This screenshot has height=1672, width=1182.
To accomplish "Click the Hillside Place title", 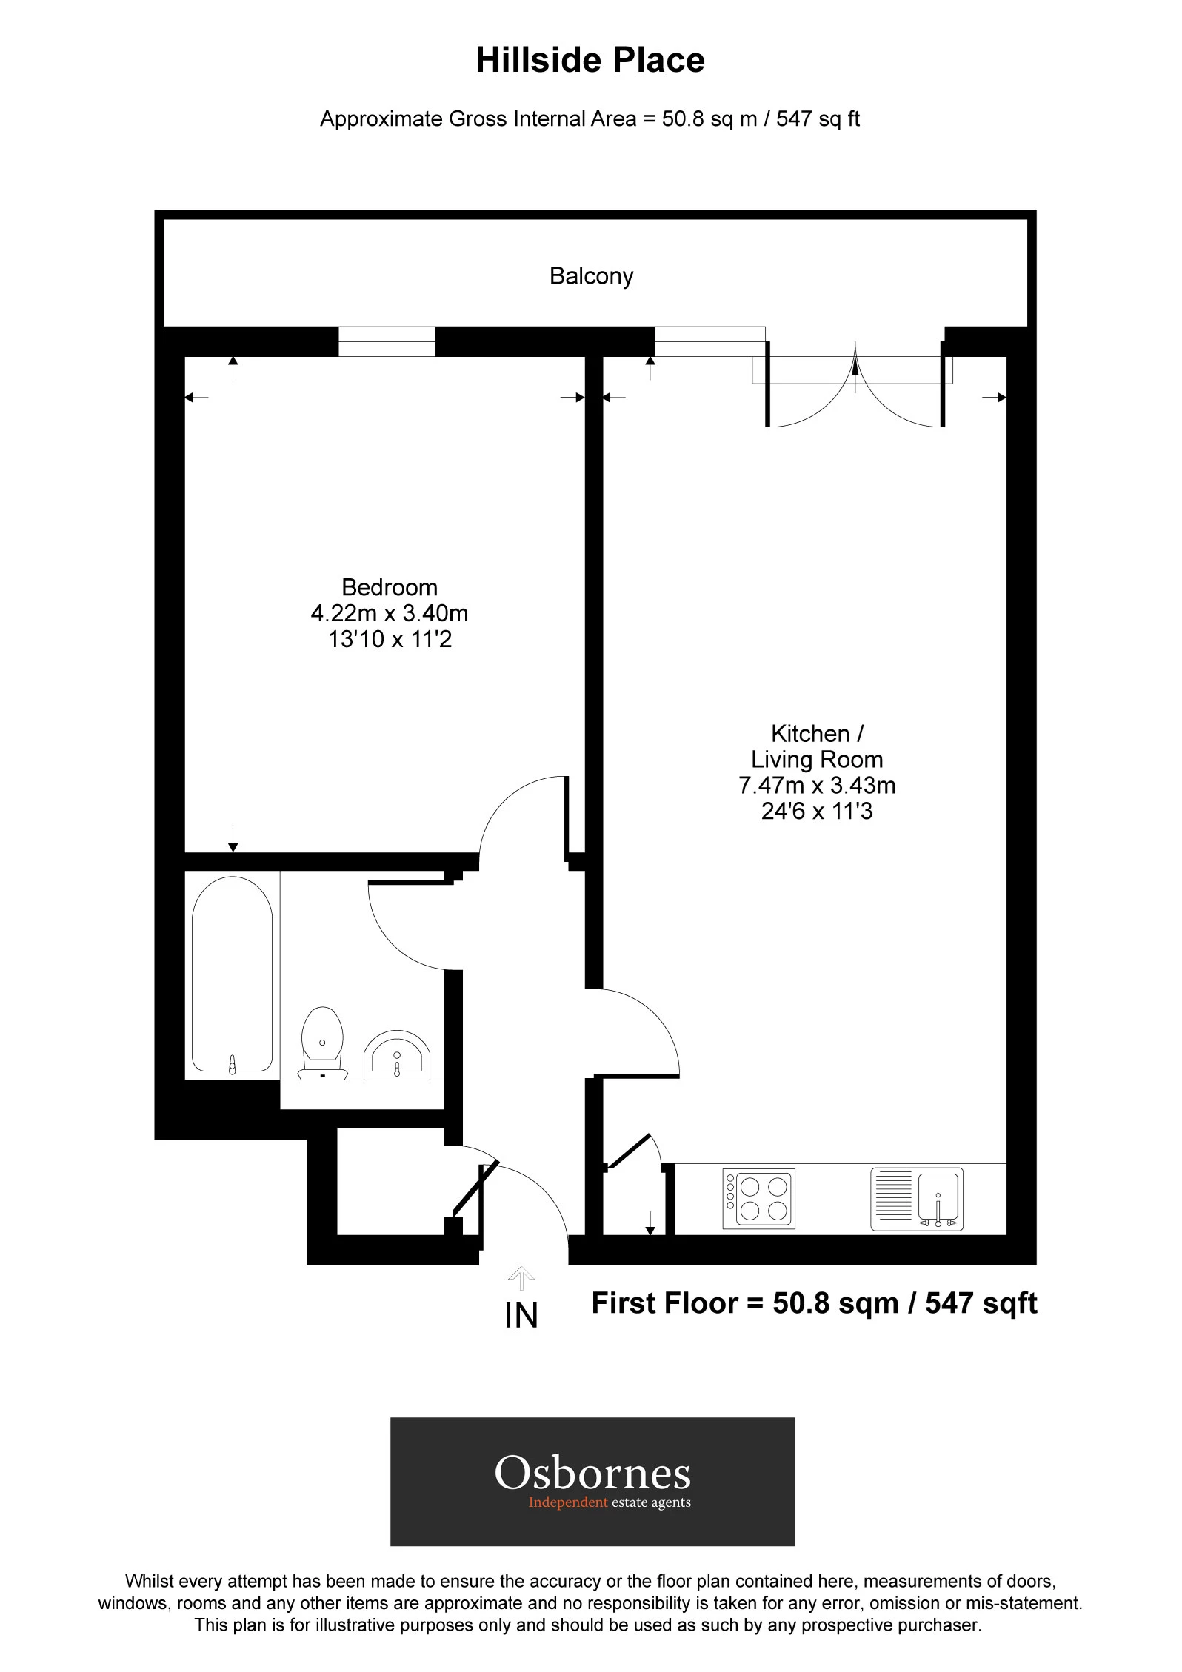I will pos(590,61).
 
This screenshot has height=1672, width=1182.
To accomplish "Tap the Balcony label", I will pos(591,276).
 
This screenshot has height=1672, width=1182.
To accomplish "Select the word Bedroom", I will pos(390,588).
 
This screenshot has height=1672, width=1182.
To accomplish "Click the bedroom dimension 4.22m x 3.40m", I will pos(390,614).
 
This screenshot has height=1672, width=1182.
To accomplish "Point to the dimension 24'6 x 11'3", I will pos(817,812).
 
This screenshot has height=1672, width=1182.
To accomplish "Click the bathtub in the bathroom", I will pos(232,974).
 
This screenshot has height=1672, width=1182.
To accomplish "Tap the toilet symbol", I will pos(323,1043).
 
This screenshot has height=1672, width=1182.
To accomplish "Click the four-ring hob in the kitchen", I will pos(759,1199).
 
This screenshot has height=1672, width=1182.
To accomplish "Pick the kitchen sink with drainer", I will pos(917,1200).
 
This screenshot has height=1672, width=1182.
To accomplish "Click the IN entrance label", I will pos(521,1316).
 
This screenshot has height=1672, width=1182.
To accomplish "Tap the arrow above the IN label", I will pos(521,1278).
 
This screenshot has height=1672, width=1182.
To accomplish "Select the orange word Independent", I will pos(568,1502).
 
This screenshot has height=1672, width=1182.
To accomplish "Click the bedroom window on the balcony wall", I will pos(387,342).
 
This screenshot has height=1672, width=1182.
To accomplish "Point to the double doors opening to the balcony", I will pos(855,385).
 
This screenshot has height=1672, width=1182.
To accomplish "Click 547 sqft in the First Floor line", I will pos(981,1303).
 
